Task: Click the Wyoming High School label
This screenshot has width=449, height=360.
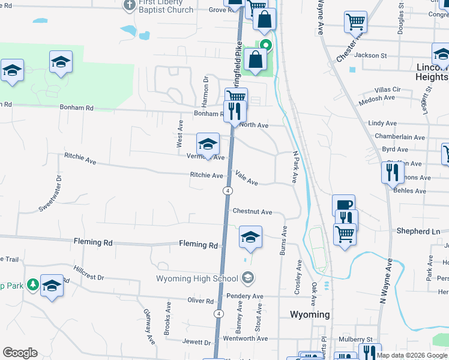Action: point(197,278)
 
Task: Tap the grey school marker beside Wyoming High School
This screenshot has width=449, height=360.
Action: point(248,278)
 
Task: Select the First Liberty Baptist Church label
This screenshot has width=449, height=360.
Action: point(165,6)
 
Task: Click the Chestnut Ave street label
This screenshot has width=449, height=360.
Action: point(252,212)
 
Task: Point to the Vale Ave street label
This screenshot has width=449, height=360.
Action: point(247,178)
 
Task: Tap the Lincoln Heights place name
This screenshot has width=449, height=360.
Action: point(432,73)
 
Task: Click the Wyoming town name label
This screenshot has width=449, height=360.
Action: point(310,314)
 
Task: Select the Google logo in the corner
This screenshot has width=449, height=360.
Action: point(20,353)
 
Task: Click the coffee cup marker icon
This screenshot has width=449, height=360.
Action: point(343,205)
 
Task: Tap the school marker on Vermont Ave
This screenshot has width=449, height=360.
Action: point(208,144)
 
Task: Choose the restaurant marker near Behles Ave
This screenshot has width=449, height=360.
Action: point(393,172)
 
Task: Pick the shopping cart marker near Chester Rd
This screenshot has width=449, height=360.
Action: point(355,22)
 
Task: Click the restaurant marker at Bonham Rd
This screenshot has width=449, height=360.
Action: point(234,111)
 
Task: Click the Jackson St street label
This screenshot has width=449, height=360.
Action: point(370,55)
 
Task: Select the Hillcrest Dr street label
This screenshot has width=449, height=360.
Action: point(89,274)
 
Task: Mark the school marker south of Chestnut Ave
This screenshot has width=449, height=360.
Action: point(250,236)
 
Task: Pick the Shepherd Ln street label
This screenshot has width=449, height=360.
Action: point(418,231)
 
